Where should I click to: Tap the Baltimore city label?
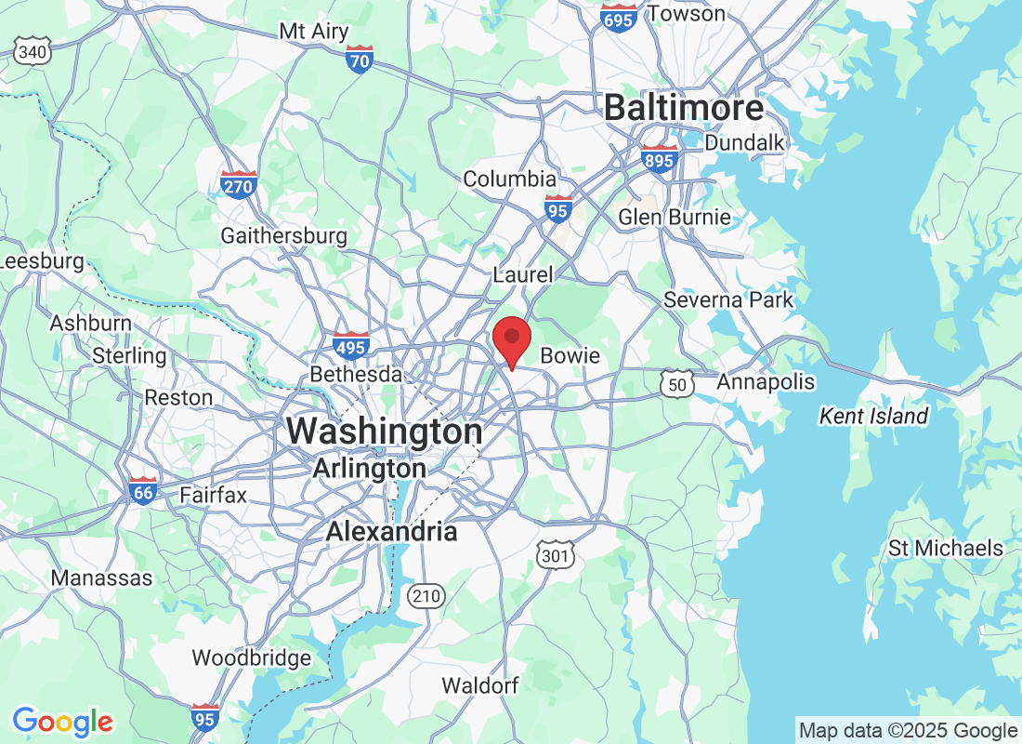[684, 108]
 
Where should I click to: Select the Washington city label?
[384, 432]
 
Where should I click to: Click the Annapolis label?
[766, 382]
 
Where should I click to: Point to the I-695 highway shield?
[618, 18]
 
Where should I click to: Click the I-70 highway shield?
[360, 59]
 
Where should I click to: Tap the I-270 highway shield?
[239, 184]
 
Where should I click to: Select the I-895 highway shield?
[660, 159]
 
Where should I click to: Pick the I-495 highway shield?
[351, 346]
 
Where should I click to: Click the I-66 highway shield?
[143, 489]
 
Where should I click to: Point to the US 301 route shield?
[555, 555]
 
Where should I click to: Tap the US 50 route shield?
[677, 383]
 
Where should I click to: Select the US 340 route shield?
[33, 52]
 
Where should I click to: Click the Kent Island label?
[873, 416]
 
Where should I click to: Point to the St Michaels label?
[946, 548]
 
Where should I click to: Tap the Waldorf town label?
[479, 685]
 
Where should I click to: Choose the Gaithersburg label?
[283, 236]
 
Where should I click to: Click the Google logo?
[63, 721]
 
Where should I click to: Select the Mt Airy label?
[314, 31]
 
